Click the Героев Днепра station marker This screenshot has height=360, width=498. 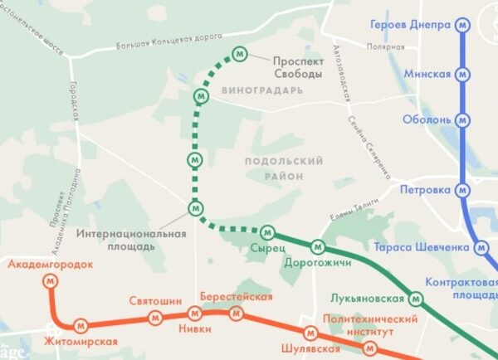(x=463, y=25)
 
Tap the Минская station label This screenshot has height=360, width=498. (x=427, y=74)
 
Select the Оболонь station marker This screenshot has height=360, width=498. (x=464, y=119)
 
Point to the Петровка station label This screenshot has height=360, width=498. (x=429, y=190)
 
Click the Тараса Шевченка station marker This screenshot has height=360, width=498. (x=481, y=246)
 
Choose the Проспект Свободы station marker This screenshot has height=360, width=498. (x=240, y=55)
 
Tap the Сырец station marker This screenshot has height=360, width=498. (x=267, y=231)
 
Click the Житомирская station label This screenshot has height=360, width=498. (x=82, y=341)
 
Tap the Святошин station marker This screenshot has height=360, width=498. (x=154, y=318)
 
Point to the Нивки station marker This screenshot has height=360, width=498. (x=195, y=314)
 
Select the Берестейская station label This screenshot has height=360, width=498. (x=237, y=297)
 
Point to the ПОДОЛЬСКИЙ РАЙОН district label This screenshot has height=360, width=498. (x=285, y=168)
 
